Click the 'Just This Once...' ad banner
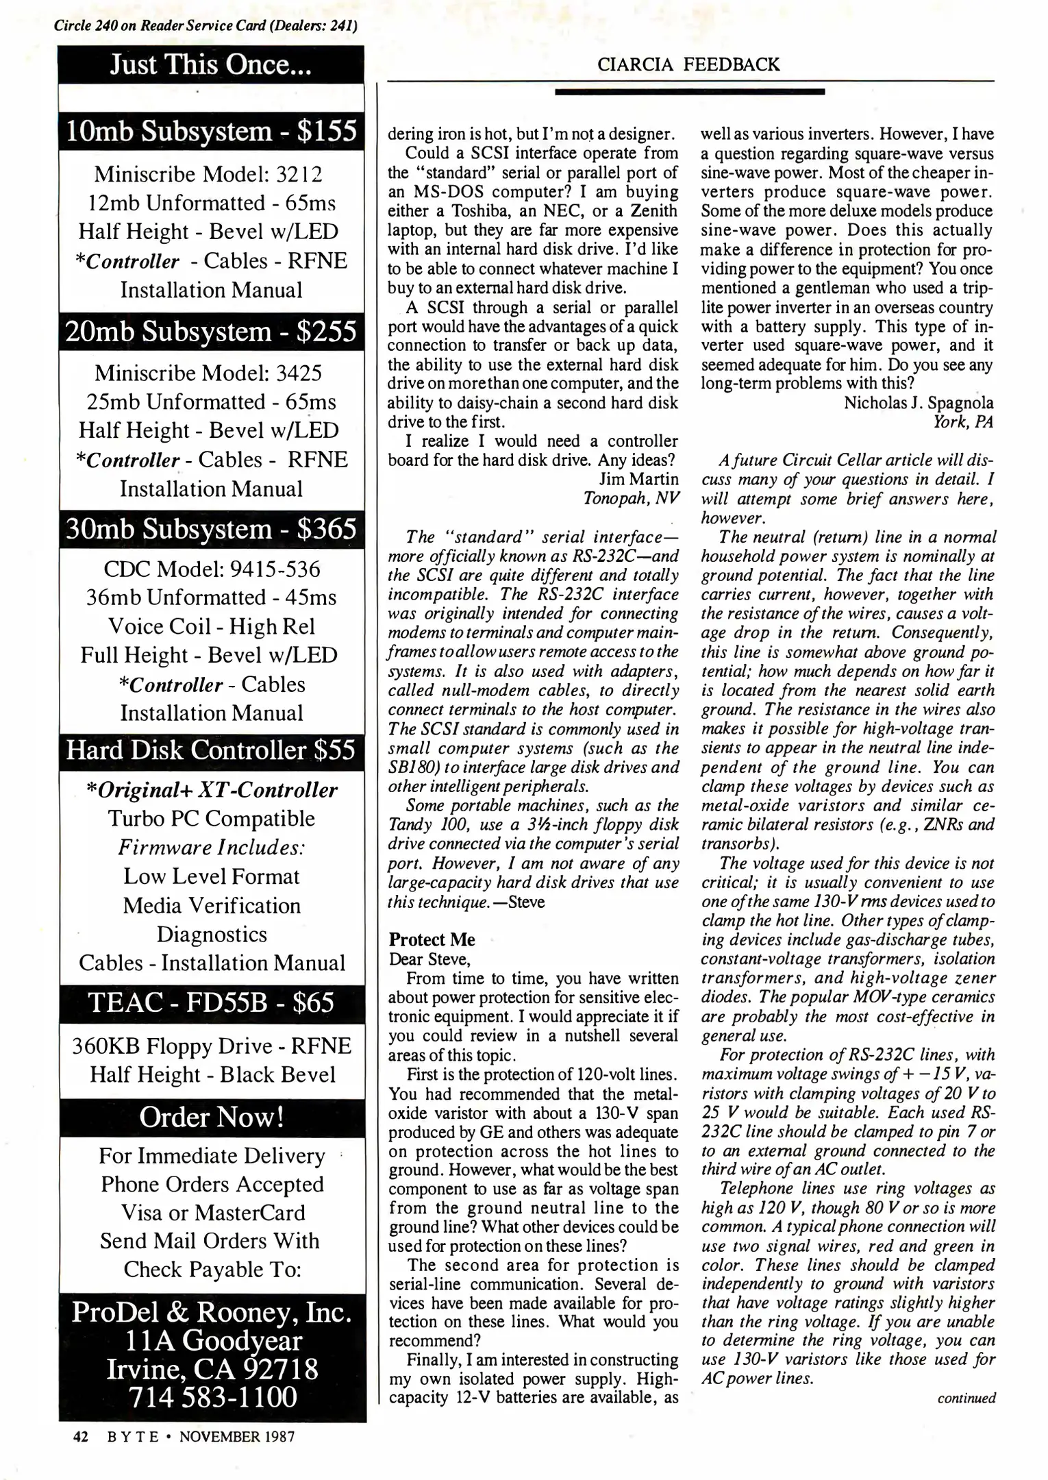[211, 64]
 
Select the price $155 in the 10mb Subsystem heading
[327, 131]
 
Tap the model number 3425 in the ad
[299, 373]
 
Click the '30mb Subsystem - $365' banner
[211, 529]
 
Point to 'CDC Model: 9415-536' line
[211, 569]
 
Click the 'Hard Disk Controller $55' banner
[211, 750]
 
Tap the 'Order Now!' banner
[211, 1117]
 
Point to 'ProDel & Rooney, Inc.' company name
[212, 1311]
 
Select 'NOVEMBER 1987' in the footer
[237, 1437]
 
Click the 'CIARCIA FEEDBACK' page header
[688, 64]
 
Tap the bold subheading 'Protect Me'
[432, 939]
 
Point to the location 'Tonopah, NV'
[630, 497]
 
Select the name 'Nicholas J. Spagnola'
[918, 402]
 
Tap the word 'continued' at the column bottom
[966, 1397]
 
